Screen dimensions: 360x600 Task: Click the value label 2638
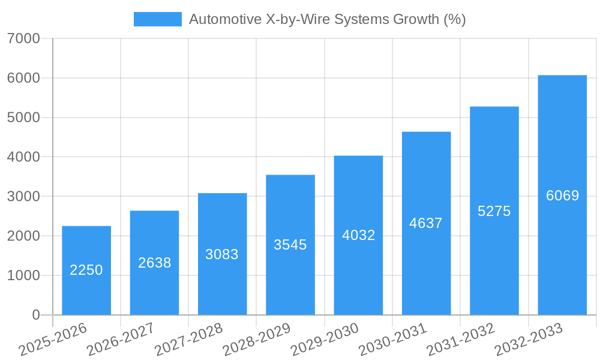pyautogui.click(x=155, y=263)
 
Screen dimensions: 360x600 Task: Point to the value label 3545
pyautogui.click(x=290, y=245)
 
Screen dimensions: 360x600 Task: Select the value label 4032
pyautogui.click(x=359, y=235)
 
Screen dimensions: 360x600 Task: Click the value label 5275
pyautogui.click(x=494, y=211)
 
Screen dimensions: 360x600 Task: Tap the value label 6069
pyautogui.click(x=563, y=196)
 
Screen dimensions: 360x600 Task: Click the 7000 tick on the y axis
pyautogui.click(x=24, y=39)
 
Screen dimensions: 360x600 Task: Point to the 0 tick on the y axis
pyautogui.click(x=35, y=315)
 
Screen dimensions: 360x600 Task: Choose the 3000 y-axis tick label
pyautogui.click(x=24, y=197)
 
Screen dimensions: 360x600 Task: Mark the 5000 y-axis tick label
pyautogui.click(x=24, y=118)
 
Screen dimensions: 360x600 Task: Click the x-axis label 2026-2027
pyautogui.click(x=121, y=339)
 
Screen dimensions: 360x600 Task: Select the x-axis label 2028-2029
pyautogui.click(x=256, y=339)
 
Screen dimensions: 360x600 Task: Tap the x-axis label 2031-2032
pyautogui.click(x=460, y=339)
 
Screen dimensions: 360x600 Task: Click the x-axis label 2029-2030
pyautogui.click(x=324, y=339)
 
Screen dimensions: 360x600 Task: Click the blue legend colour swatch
pyautogui.click(x=157, y=19)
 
